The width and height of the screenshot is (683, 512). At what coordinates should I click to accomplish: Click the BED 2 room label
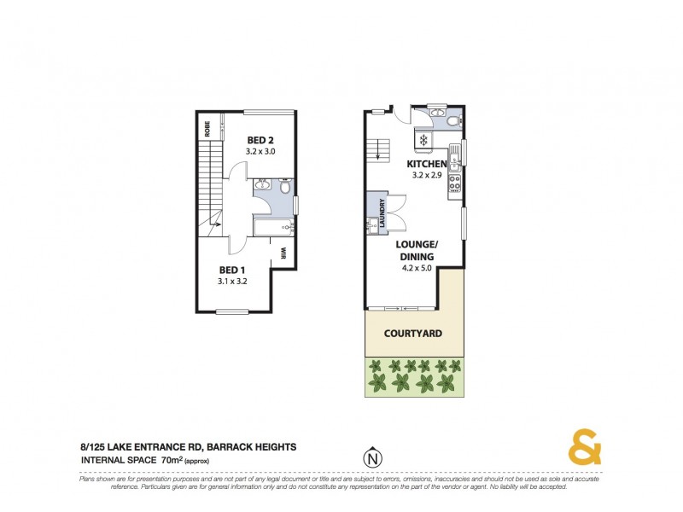(x=261, y=140)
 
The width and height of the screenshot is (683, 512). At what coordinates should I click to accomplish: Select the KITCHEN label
(x=426, y=164)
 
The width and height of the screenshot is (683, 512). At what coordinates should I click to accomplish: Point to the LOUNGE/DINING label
(x=416, y=250)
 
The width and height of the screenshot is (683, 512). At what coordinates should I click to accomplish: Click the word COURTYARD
(x=412, y=334)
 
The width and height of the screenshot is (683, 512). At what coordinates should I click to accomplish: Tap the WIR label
(x=282, y=253)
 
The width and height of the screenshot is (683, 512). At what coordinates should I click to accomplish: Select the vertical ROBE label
(x=207, y=129)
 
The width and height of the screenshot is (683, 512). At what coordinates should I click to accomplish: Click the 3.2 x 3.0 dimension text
(x=261, y=151)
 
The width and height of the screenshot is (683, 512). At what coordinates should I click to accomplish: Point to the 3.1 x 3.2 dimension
(x=231, y=280)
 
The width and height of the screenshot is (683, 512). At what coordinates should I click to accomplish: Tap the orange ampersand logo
(x=585, y=449)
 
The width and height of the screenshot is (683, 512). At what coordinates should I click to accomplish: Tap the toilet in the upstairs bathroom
(x=285, y=186)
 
